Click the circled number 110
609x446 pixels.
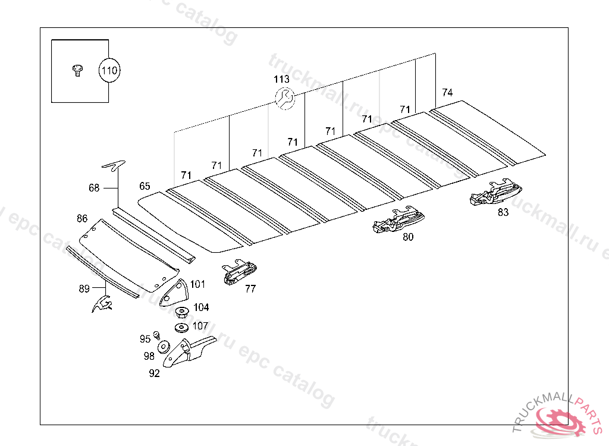point(109,71)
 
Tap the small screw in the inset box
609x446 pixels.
point(76,71)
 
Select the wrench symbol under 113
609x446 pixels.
point(284,98)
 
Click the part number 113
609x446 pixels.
point(281,79)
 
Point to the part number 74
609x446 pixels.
point(447,92)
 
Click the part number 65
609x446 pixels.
point(145,186)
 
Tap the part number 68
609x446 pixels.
point(94,188)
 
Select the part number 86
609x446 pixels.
point(82,218)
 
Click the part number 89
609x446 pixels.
point(84,289)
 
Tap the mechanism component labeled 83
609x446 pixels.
point(495,193)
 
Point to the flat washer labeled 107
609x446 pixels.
point(182,327)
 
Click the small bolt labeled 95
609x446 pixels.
point(157,335)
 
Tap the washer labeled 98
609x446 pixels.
point(163,347)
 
